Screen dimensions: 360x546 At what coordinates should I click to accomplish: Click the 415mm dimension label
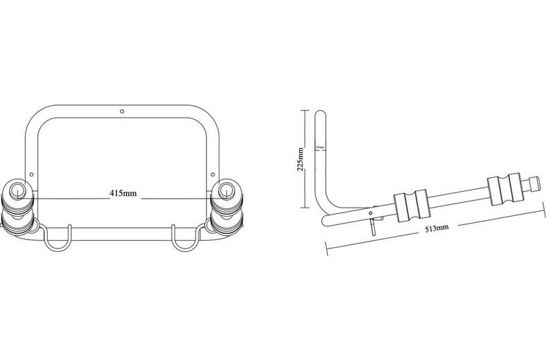(122, 193)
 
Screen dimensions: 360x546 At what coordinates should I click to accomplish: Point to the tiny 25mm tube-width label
(320, 148)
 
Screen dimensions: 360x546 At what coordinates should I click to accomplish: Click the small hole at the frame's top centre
(122, 110)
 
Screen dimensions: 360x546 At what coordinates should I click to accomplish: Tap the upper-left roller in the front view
(19, 192)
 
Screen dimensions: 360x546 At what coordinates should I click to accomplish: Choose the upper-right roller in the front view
(226, 192)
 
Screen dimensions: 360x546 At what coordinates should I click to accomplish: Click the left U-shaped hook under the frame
(57, 239)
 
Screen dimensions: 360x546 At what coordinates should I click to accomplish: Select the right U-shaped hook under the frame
(185, 239)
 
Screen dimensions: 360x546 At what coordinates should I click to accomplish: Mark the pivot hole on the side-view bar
(374, 211)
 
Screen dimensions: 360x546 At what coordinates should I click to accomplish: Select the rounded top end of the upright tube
(320, 115)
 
